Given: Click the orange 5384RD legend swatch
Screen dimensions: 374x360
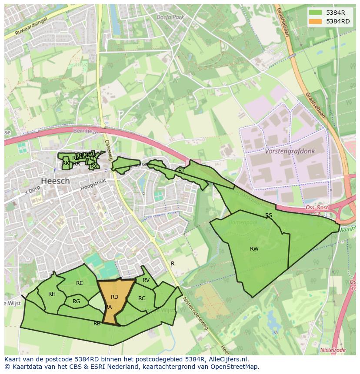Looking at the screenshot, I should coord(316,21).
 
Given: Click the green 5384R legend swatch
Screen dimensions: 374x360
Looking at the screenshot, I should coord(316,13).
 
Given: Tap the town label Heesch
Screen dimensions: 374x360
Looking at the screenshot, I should coord(55,181).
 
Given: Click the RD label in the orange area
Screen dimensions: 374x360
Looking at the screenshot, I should coord(114,297).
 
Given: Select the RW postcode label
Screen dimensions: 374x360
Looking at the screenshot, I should coord(254,249).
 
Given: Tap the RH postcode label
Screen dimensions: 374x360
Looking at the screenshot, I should coord(52,294).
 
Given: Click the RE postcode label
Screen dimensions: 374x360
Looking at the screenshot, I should coord(79,283).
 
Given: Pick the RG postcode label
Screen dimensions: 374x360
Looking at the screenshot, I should coord(77,301).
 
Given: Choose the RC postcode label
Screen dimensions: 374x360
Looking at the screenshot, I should coord(142,298).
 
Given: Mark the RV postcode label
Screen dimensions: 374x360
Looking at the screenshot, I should coord(146,280).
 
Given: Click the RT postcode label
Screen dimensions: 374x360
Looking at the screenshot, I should coord(181,171).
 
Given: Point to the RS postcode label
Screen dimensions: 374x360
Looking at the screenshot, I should coord(269,215).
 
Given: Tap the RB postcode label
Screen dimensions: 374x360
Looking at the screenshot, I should coord(97,324).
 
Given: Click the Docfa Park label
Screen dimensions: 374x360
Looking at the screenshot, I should coord(170,17).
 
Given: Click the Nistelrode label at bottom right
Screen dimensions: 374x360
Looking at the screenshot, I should coord(333,350).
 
